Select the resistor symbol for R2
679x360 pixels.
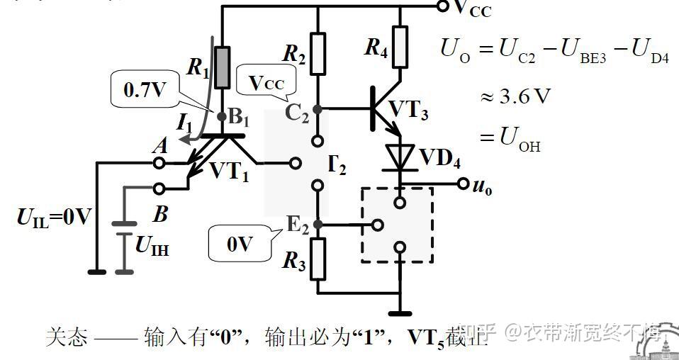pyautogui.click(x=317, y=54)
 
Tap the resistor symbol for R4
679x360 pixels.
pyautogui.click(x=400, y=47)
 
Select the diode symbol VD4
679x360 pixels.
pyautogui.click(x=400, y=156)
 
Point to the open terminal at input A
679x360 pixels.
pyautogui.click(x=160, y=163)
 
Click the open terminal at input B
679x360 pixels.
pyautogui.click(x=160, y=189)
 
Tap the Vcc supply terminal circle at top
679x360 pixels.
pyautogui.click(x=443, y=7)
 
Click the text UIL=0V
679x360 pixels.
pyautogui.click(x=54, y=216)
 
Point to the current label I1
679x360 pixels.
pyautogui.click(x=185, y=123)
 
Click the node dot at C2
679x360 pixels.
pyautogui.click(x=318, y=109)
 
